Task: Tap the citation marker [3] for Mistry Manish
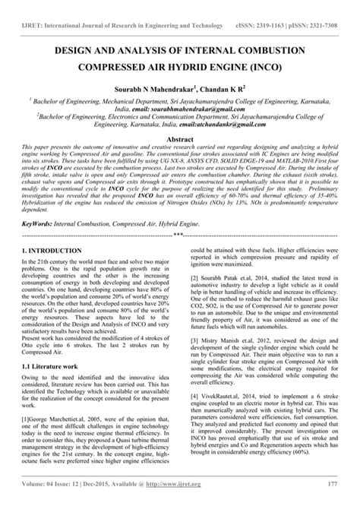coord(194,341)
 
